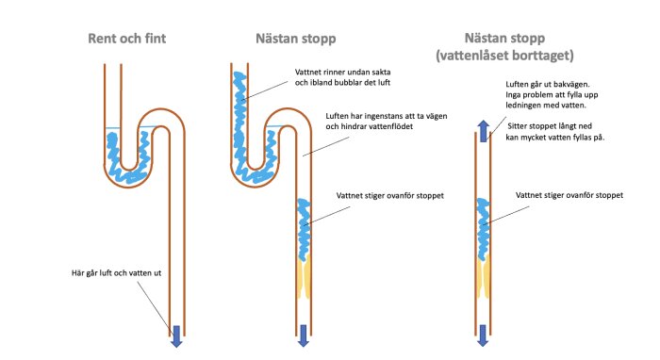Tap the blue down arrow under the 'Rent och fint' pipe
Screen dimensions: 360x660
coord(176,333)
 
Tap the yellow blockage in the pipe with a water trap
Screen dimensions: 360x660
coord(304,276)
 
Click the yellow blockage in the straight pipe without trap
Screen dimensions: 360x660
coord(483,276)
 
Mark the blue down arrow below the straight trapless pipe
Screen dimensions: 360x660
coord(483,333)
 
